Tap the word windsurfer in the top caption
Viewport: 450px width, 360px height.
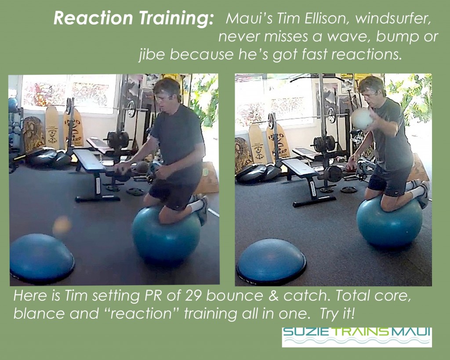[x=393, y=18]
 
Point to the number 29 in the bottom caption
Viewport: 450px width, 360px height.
[x=193, y=296]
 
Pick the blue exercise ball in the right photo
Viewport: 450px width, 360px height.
[x=389, y=222]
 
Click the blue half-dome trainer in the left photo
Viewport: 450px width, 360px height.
[x=42, y=258]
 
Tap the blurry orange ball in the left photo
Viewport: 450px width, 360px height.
[x=62, y=225]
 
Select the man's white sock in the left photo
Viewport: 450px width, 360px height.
[x=196, y=206]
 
